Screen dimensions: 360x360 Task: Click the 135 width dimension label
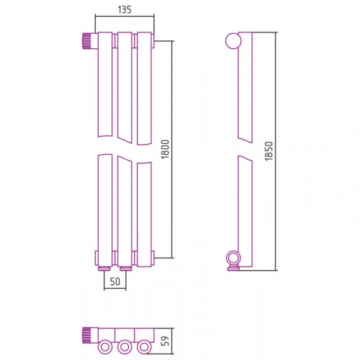[x=125, y=9]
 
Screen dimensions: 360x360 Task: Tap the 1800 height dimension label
[x=166, y=149]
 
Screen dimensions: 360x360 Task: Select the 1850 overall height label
[x=269, y=151]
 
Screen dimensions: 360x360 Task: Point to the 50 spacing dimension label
[x=115, y=282]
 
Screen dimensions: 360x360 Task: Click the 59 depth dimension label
[x=166, y=341]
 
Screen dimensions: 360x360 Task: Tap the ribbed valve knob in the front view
[x=87, y=41]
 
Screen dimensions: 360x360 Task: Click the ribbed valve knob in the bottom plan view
[x=87, y=336]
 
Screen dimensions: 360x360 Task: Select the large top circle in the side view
[x=233, y=41]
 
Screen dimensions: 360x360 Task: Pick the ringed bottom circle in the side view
[x=233, y=258]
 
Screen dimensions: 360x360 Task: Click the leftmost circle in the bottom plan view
[x=105, y=347]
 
